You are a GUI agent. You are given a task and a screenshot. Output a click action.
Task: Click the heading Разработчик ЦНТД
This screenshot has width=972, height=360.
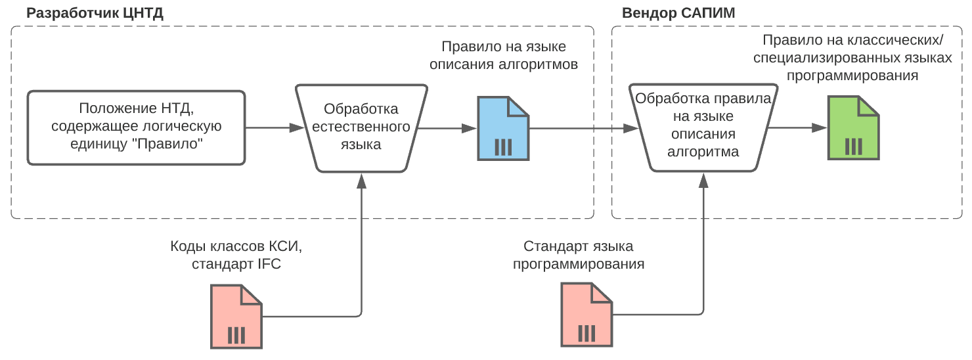tap(95, 12)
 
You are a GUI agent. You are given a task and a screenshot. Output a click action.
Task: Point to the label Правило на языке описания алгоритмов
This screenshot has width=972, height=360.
tap(503, 56)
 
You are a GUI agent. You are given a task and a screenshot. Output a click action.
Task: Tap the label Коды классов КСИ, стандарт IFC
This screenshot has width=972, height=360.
tap(236, 256)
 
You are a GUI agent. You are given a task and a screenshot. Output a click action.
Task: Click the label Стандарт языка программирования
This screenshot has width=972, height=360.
tap(578, 256)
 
